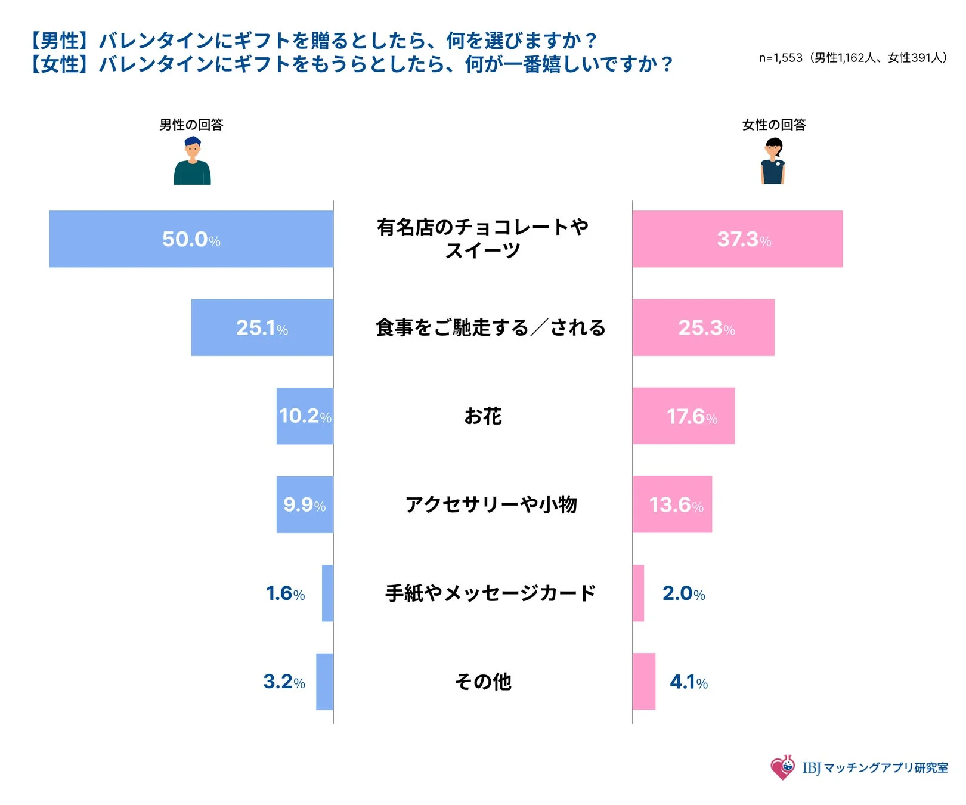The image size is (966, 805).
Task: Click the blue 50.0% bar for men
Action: coord(191,239)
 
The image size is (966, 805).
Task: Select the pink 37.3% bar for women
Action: coord(738,239)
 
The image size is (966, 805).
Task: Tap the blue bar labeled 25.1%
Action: coord(262,327)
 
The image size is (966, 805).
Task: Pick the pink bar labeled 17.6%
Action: coord(683,416)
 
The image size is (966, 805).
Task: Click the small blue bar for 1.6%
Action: coord(327,593)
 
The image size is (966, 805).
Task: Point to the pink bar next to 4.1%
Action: coord(644,681)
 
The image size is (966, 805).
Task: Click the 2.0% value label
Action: coord(683,593)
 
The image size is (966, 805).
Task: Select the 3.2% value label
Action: coord(284,682)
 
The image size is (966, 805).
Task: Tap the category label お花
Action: coord(483,416)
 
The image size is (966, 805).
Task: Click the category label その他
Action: coord(483,681)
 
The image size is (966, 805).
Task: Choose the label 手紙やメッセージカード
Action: coord(490,593)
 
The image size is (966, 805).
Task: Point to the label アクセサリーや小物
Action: coord(491,504)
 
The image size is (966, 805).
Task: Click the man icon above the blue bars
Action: coord(192,161)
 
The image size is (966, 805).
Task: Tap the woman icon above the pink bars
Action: coord(773,161)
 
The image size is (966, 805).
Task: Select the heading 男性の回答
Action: coord(191,125)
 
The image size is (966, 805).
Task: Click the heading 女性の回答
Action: coord(773,125)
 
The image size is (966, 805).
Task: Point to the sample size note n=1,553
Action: coord(852,58)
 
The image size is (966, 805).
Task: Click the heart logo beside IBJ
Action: coord(782,767)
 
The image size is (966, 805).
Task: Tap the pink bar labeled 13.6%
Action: coord(672,504)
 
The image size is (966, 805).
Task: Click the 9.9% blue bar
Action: coord(305,504)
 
